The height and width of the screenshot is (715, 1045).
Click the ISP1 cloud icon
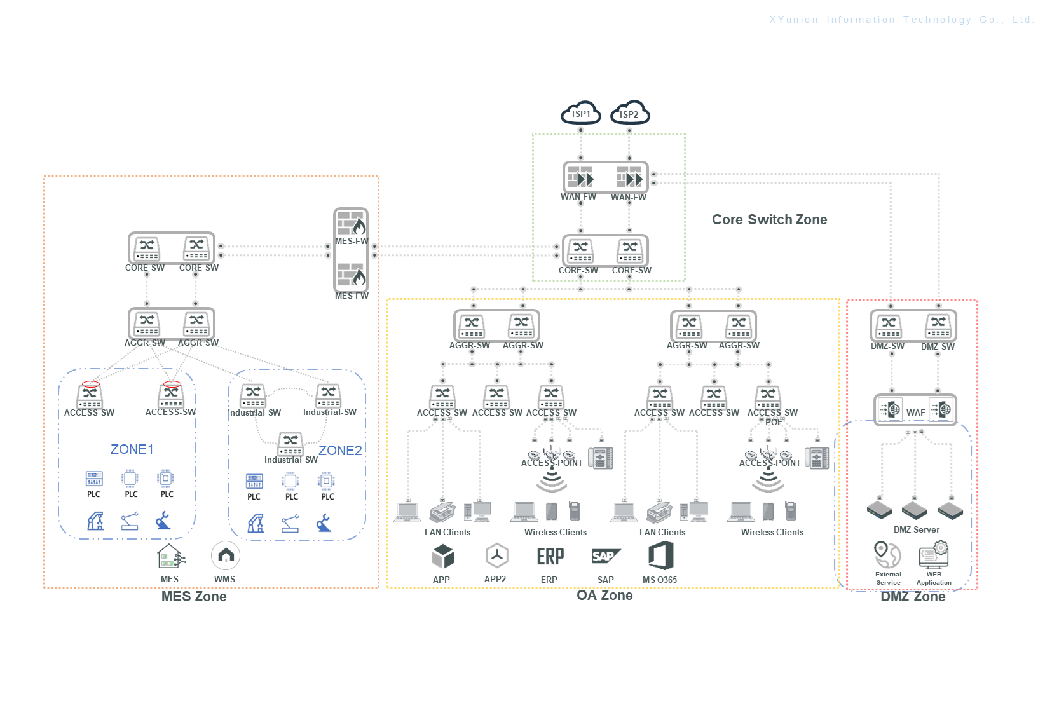pos(580,112)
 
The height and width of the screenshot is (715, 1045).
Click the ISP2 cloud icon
pos(629,113)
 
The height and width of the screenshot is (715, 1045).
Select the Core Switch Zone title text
pos(769,220)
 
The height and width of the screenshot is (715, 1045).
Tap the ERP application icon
pos(550,557)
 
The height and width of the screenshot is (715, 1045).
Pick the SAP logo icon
pos(605,556)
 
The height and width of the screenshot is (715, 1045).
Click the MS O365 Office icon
pos(660,555)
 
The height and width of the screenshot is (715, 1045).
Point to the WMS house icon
pos(226,556)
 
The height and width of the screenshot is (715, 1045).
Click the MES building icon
pos(170,557)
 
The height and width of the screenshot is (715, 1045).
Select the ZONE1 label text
pos(132,449)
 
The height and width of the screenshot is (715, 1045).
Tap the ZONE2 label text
pos(340,451)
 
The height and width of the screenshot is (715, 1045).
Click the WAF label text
pos(915,412)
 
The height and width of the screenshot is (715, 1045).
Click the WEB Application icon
pos(934,554)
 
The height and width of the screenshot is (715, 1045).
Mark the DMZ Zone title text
pos(913,597)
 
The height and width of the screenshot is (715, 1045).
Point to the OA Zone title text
pos(604,596)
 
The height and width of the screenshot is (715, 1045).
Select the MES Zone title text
pos(194,597)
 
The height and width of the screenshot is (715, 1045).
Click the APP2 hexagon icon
pos(496,556)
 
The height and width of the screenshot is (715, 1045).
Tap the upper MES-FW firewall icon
pos(351,224)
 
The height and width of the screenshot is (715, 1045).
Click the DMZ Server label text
pos(916,529)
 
